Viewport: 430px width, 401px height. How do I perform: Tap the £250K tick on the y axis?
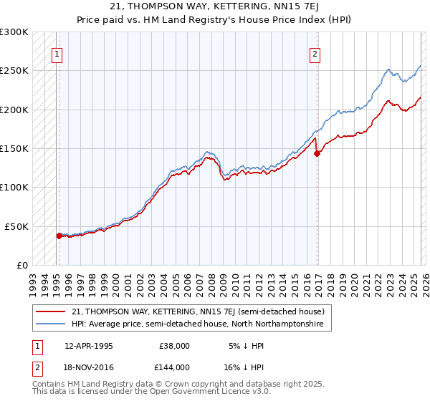pyautogui.click(x=14, y=71)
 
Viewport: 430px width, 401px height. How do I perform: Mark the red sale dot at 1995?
pyautogui.click(x=59, y=235)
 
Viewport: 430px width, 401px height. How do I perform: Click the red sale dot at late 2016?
pyautogui.click(x=316, y=153)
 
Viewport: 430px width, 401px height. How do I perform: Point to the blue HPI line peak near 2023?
pyautogui.click(x=388, y=69)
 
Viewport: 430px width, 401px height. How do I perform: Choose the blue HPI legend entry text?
pyautogui.click(x=198, y=324)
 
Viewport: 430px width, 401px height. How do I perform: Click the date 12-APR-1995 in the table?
pyautogui.click(x=88, y=345)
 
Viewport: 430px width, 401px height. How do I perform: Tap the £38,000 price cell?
pyautogui.click(x=174, y=345)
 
